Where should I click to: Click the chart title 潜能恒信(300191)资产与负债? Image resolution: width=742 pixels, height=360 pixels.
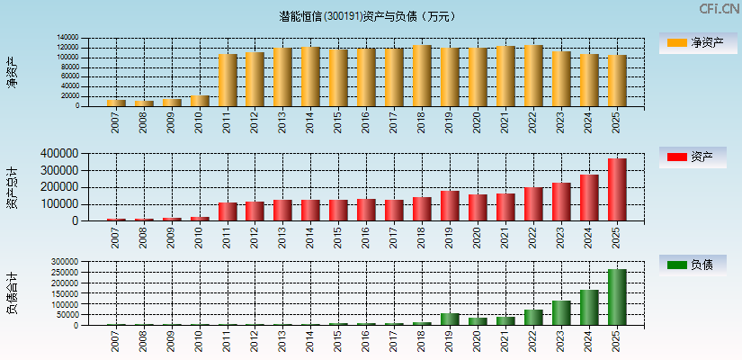[x=368, y=16]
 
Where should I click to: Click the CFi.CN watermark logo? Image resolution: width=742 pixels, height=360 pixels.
[x=719, y=9]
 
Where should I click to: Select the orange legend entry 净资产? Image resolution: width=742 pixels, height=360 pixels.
[x=693, y=42]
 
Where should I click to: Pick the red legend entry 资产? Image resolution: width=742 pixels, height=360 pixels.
[x=693, y=157]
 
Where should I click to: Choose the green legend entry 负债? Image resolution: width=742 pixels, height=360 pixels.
[x=693, y=265]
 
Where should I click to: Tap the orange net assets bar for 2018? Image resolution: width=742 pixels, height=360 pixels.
[x=422, y=76]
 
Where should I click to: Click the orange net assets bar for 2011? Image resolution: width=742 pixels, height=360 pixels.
[x=228, y=80]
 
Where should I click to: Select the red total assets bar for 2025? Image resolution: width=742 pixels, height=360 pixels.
[x=617, y=190]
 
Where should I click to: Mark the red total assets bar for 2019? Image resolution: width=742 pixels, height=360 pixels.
[x=450, y=206]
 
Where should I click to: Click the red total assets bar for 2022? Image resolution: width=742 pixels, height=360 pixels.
[x=533, y=204]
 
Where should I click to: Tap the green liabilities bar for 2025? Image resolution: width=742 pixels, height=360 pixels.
[x=617, y=297]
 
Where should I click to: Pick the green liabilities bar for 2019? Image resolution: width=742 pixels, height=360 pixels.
[x=450, y=319]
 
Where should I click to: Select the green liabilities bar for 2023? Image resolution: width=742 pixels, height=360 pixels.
[x=561, y=312]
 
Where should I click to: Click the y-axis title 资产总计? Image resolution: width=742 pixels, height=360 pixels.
[x=12, y=187]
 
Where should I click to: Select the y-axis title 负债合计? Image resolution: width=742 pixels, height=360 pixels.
[x=12, y=292]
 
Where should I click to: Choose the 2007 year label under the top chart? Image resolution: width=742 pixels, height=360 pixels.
[x=116, y=122]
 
